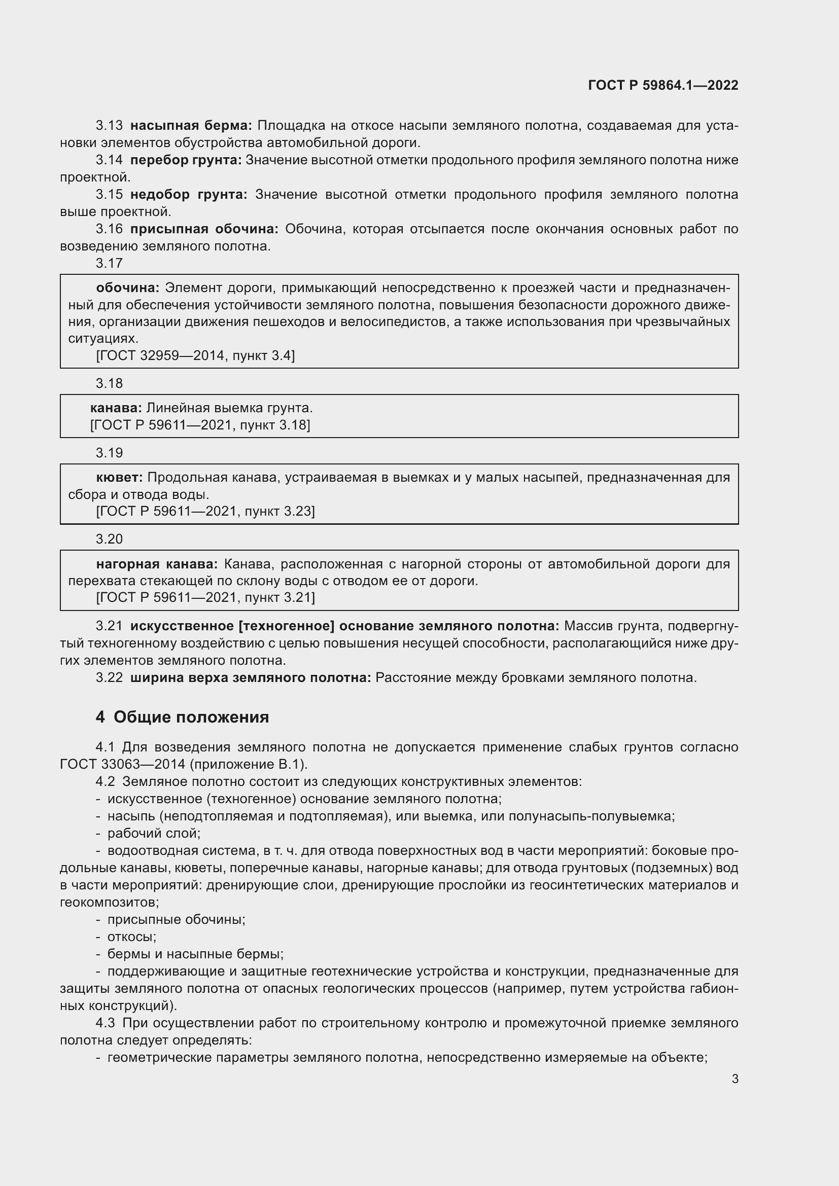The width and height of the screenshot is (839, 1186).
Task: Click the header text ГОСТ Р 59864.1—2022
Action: pos(663,85)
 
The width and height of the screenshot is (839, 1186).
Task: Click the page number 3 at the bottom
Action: pos(735,1078)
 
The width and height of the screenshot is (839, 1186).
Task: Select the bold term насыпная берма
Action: pos(191,126)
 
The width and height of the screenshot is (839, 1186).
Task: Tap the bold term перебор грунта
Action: pos(186,160)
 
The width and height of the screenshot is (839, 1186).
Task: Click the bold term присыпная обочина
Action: pos(204,229)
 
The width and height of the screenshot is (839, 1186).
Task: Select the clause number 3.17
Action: pos(109,264)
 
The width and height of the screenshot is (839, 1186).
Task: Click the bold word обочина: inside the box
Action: pos(128,287)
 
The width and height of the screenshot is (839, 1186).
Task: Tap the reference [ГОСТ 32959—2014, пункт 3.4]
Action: pos(195,355)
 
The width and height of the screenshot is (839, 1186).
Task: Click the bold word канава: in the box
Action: pos(116,408)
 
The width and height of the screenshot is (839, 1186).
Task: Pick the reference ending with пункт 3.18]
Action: pos(200,424)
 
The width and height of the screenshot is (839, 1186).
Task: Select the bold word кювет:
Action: pos(119,477)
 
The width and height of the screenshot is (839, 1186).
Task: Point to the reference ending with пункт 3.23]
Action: pos(205,511)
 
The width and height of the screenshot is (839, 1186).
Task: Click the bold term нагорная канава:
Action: pos(157,563)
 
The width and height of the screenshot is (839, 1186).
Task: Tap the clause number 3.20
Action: pos(109,540)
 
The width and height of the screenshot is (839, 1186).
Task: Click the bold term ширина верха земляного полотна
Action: pos(250,678)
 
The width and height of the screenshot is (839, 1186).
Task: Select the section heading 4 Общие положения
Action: pos(183,717)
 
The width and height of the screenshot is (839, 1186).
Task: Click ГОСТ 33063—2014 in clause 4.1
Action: pos(122,765)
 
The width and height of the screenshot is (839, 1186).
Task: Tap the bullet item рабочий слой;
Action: pos(153,833)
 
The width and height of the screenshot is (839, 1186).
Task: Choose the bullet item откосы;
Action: pos(131,937)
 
